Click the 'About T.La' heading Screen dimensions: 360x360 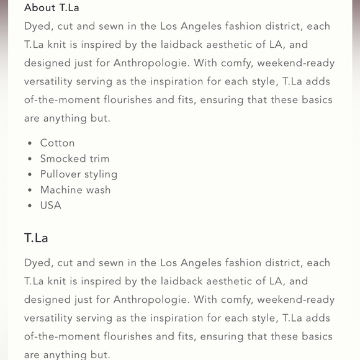tap(52, 8)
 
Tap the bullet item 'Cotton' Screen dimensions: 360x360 tap(57, 143)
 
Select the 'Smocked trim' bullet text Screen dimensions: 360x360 tap(74, 159)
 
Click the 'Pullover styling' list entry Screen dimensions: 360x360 tap(79, 174)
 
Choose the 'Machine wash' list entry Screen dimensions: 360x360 tap(75, 190)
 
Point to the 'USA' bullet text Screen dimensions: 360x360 tap(51, 205)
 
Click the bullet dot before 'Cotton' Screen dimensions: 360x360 tap(30, 144)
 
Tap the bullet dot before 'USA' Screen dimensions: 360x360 tap(30, 206)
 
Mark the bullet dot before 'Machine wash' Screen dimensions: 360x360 tap(30, 191)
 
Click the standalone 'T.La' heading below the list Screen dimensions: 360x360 tap(36, 238)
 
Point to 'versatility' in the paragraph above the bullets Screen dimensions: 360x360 tap(53, 81)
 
